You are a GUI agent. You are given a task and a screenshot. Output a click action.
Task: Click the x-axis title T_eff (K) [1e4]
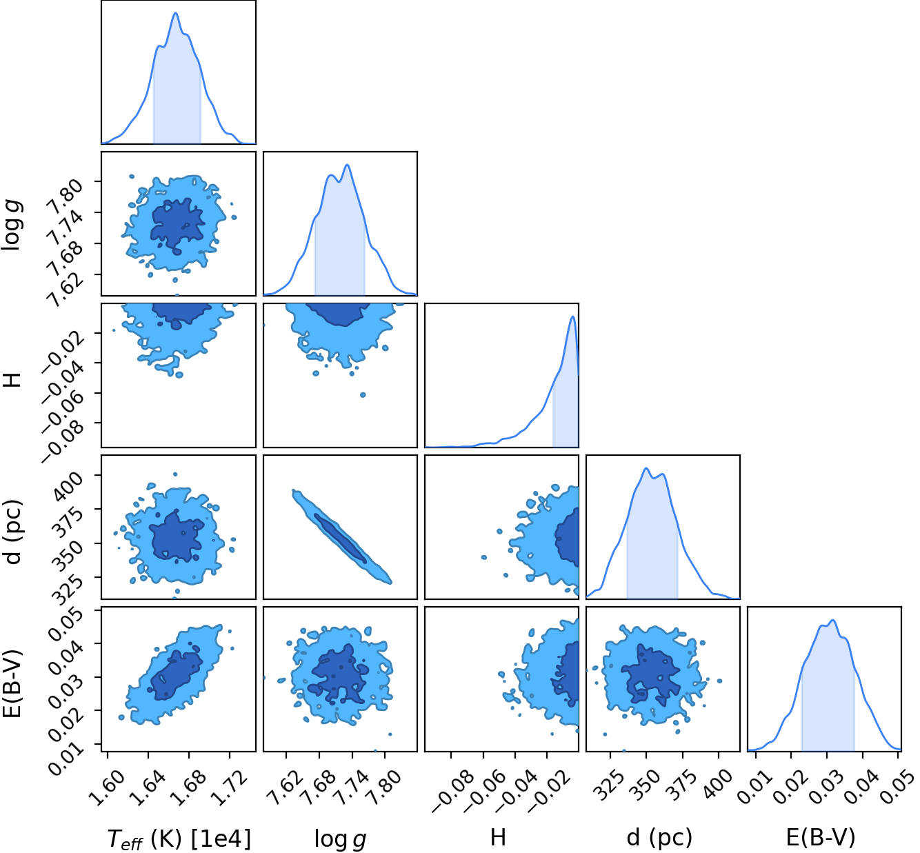click(x=179, y=839)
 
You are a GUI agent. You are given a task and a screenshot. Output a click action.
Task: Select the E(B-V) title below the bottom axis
click(x=821, y=837)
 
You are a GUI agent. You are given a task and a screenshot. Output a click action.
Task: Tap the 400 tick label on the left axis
click(x=68, y=488)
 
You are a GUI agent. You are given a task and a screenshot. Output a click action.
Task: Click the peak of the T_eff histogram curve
click(x=176, y=12)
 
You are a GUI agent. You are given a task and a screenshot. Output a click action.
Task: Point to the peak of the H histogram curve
click(x=573, y=316)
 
